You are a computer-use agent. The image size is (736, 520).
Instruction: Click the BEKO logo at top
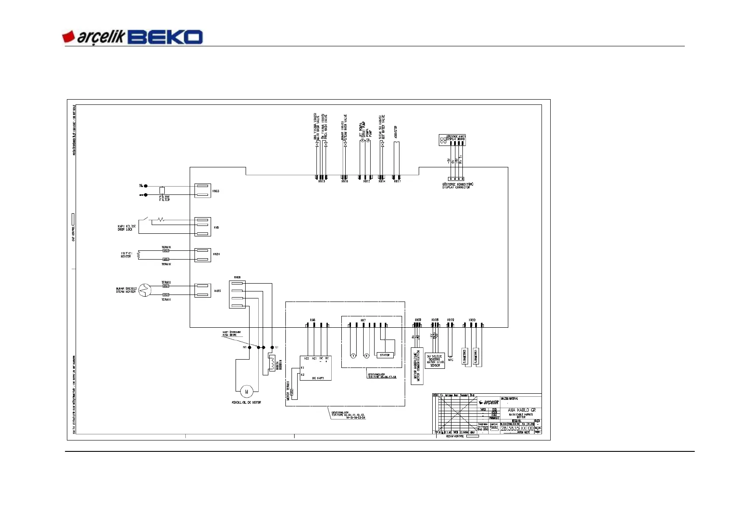point(165,37)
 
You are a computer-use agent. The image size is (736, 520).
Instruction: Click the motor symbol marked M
point(246,392)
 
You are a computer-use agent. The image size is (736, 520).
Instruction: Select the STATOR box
point(385,355)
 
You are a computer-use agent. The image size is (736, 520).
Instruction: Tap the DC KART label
point(318,378)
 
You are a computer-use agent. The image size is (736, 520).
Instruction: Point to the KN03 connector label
point(216,191)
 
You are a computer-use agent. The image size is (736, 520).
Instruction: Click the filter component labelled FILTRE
point(162,191)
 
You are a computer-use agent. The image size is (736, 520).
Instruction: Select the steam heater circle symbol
point(145,290)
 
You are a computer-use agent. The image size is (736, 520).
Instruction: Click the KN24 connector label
point(216,254)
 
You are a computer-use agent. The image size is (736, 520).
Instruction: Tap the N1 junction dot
point(250,347)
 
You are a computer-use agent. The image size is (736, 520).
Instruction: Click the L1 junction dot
point(272,347)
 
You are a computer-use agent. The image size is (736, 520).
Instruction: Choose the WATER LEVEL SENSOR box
point(435,361)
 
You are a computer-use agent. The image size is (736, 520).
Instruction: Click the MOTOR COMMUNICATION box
point(417,366)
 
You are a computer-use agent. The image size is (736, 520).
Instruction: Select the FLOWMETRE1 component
point(476,356)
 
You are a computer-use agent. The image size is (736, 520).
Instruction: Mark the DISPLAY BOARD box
point(452,140)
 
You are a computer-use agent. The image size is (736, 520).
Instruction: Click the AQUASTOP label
point(396,132)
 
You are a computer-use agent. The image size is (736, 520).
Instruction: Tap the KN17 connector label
point(397,181)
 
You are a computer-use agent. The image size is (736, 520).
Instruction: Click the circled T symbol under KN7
point(353,356)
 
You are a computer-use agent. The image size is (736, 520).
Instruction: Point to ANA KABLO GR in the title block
point(521,410)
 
